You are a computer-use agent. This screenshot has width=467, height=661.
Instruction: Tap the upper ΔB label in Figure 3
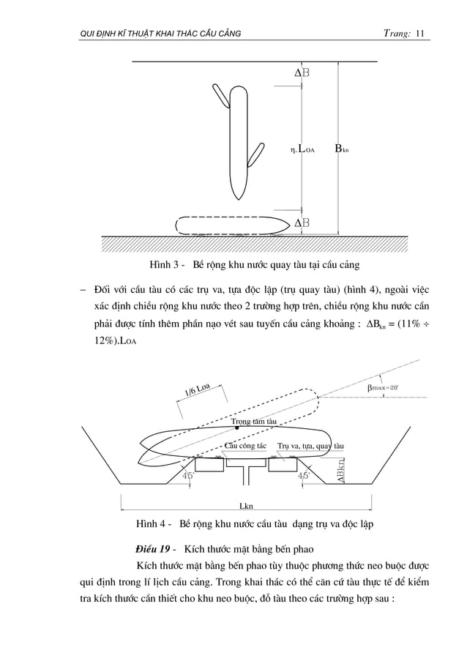[301, 73]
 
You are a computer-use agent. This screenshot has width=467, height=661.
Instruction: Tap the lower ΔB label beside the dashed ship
[301, 223]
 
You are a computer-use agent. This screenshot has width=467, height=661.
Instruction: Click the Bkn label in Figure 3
[341, 150]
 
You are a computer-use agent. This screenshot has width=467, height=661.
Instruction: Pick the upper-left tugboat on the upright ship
[220, 94]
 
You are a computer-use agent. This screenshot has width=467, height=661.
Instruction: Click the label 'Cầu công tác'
[244, 446]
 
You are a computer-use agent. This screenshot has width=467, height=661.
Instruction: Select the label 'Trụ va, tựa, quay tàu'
[311, 446]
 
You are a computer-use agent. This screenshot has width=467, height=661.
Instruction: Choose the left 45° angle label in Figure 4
[190, 475]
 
